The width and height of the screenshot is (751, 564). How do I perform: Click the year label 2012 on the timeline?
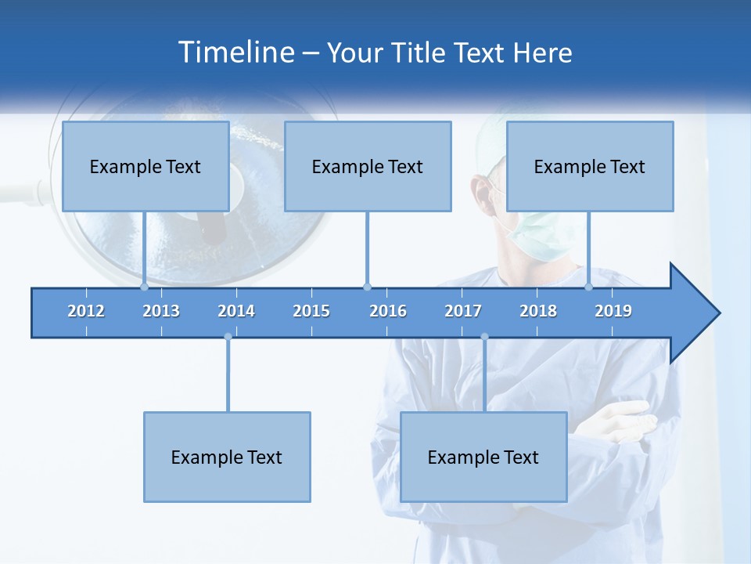click(x=86, y=311)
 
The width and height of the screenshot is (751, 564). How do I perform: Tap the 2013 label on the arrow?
click(x=161, y=311)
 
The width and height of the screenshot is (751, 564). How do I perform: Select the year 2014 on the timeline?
click(x=236, y=311)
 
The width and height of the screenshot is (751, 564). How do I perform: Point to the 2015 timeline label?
click(x=311, y=311)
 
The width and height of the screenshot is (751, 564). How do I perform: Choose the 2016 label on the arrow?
click(x=388, y=311)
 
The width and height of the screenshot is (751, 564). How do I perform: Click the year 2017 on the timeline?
click(x=463, y=311)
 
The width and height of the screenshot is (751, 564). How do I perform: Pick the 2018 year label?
click(x=538, y=311)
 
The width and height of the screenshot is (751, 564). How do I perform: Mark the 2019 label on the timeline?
click(x=613, y=311)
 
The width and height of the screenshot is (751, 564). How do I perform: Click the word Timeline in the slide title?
click(x=235, y=52)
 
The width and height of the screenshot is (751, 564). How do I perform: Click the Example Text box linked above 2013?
click(x=146, y=166)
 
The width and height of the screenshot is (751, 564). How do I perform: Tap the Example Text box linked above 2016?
click(x=368, y=166)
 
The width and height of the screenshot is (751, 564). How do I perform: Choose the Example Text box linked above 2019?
click(x=590, y=166)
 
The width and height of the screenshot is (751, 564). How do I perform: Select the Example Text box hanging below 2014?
click(x=227, y=457)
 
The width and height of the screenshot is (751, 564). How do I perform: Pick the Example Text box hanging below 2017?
click(x=483, y=457)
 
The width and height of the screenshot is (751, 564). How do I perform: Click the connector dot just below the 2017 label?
click(x=484, y=337)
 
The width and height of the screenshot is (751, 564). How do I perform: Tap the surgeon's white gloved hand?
click(x=626, y=418)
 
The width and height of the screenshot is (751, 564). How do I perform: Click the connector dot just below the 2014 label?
click(x=228, y=337)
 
